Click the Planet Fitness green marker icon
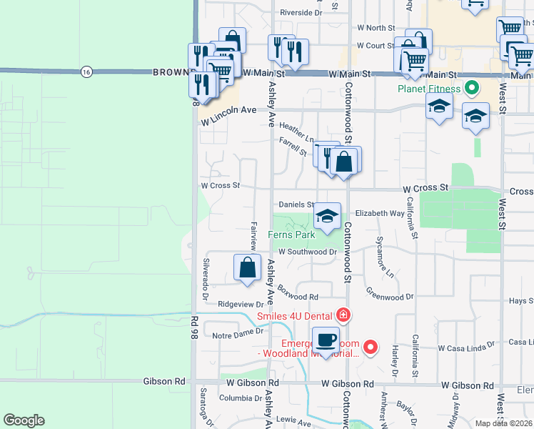tap(471, 89)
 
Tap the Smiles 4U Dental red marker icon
tap(343, 315)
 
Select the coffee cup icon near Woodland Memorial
tap(326, 341)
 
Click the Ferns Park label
tap(291, 235)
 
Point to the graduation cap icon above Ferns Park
tap(327, 217)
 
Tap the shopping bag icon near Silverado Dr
tap(247, 268)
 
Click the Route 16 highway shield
tap(86, 71)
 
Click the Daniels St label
tap(296, 204)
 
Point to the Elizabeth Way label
tap(380, 213)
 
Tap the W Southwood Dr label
tap(308, 252)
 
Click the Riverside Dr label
tap(301, 13)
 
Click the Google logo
tap(24, 420)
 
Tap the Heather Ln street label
tap(296, 132)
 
